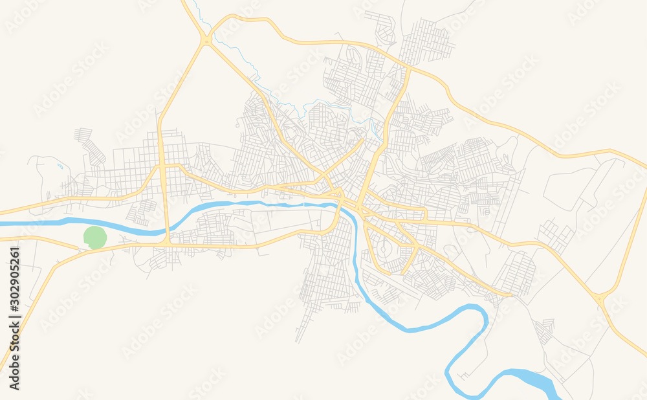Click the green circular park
point(96,238)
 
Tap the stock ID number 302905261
point(15,318)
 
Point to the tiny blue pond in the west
point(60,166)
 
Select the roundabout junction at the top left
point(206,41)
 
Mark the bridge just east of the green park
point(167,230)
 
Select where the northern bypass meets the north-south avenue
point(410,67)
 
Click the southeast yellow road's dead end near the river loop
point(511,296)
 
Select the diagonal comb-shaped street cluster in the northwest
point(91,146)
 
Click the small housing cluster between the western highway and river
point(142,211)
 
